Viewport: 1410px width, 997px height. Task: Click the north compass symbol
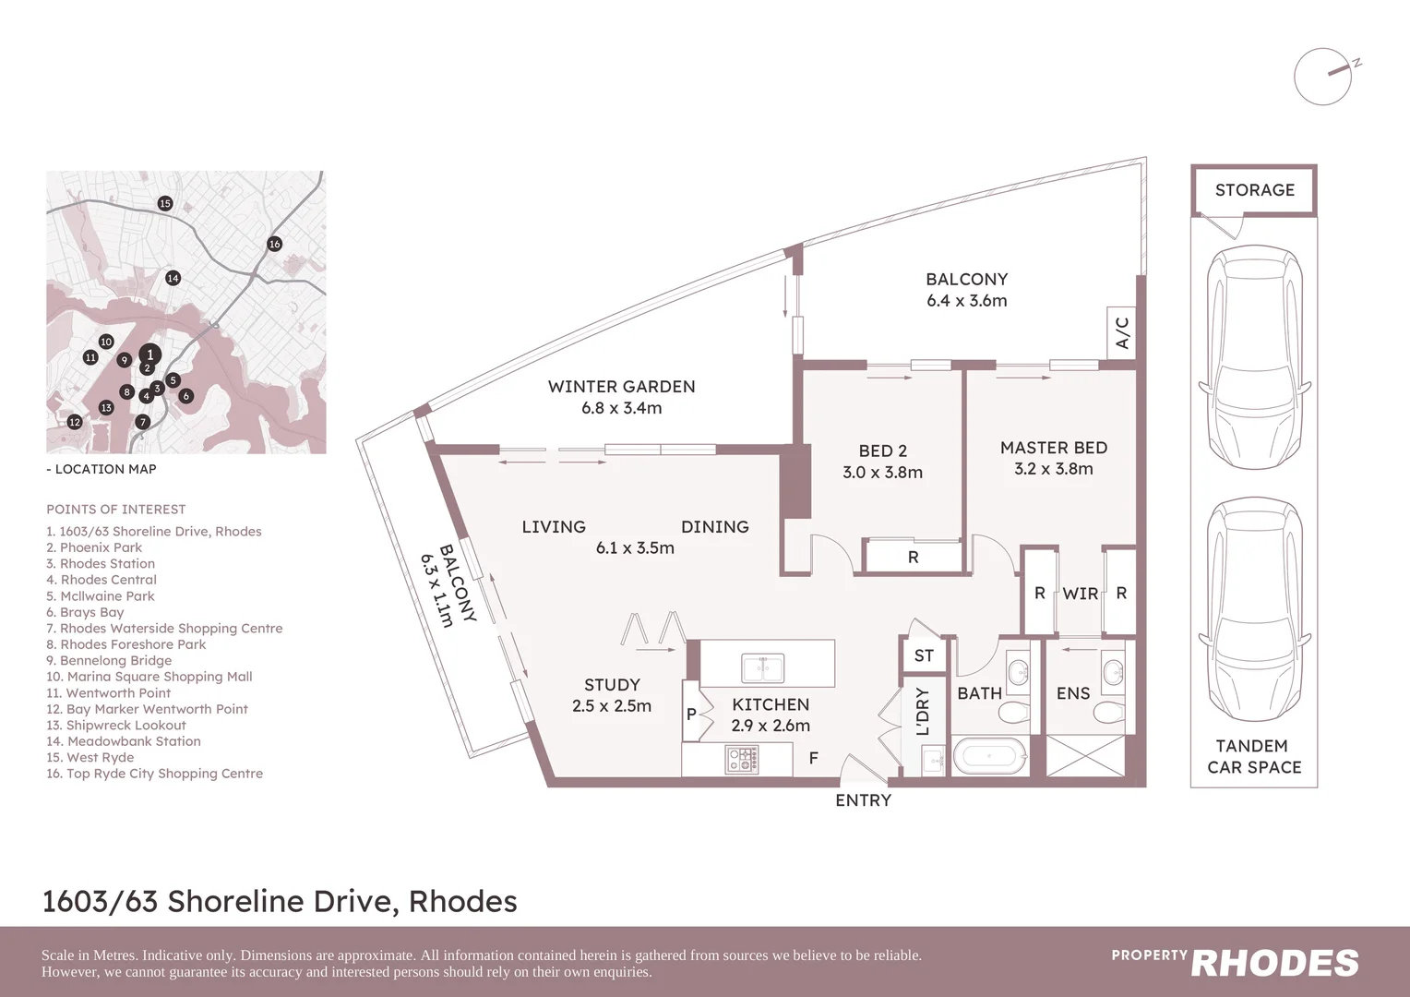pyautogui.click(x=1323, y=77)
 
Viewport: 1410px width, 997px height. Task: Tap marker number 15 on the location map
pyautogui.click(x=165, y=203)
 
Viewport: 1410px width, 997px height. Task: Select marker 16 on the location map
pyautogui.click(x=274, y=244)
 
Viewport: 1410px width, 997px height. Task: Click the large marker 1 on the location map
pyautogui.click(x=149, y=354)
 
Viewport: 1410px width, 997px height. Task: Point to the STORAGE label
pyautogui.click(x=1254, y=190)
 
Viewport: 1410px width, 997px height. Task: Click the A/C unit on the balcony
pyautogui.click(x=1122, y=333)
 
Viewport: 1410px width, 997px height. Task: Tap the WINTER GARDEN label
pyautogui.click(x=621, y=387)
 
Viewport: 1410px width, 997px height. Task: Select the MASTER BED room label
pyautogui.click(x=1053, y=448)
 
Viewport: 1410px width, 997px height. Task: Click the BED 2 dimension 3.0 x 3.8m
pyautogui.click(x=882, y=473)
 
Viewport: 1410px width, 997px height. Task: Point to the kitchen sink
pyautogui.click(x=762, y=667)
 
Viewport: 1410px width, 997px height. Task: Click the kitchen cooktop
pyautogui.click(x=743, y=760)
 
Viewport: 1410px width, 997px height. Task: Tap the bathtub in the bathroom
pyautogui.click(x=989, y=756)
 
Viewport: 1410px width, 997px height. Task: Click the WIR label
pyautogui.click(x=1080, y=594)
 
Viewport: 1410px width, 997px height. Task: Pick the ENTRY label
pyautogui.click(x=863, y=800)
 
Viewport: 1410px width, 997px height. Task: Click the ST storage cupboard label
pyautogui.click(x=924, y=656)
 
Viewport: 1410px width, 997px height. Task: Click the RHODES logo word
pyautogui.click(x=1274, y=964)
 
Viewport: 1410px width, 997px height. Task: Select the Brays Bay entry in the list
pyautogui.click(x=86, y=612)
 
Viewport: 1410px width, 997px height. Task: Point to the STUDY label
pyautogui.click(x=612, y=685)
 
